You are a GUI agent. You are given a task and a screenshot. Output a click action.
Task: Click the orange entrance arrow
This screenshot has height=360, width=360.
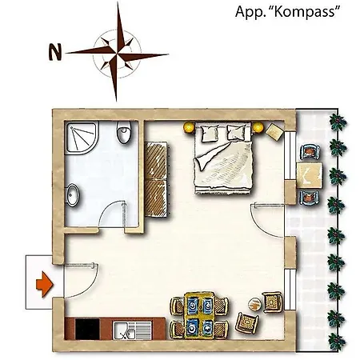coord(45,284)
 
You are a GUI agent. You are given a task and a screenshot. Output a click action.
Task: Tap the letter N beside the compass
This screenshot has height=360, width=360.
coord(55,52)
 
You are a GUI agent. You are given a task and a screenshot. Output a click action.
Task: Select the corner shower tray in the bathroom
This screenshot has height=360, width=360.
coord(82,138)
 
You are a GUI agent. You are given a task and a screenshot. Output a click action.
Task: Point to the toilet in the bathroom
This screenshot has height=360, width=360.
coord(124,132)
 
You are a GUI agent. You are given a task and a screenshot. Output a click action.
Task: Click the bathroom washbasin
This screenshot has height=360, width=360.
coord(73,195)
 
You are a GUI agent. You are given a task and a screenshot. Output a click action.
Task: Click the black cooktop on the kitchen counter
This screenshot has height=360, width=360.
coord(87,329)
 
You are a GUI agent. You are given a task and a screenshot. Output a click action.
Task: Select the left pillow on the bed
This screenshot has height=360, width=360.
coord(210,133)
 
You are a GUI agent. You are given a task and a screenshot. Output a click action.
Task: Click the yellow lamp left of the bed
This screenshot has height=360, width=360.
coord(189,127)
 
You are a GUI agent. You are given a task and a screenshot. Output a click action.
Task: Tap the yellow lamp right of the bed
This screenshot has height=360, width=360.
coord(258,127)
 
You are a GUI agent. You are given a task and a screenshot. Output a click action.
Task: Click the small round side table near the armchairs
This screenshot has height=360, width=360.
coord(255,304)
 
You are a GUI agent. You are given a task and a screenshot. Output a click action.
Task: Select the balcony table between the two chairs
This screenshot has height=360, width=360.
coord(309,176)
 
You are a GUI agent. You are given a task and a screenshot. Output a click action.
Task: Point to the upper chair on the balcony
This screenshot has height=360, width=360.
coord(310,152)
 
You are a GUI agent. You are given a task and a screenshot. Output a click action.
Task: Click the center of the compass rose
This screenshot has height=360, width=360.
coord(117,54)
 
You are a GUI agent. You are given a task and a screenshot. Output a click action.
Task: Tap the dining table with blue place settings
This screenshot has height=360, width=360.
coord(199,315)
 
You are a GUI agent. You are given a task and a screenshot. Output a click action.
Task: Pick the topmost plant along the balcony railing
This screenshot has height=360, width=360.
coord(338,122)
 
